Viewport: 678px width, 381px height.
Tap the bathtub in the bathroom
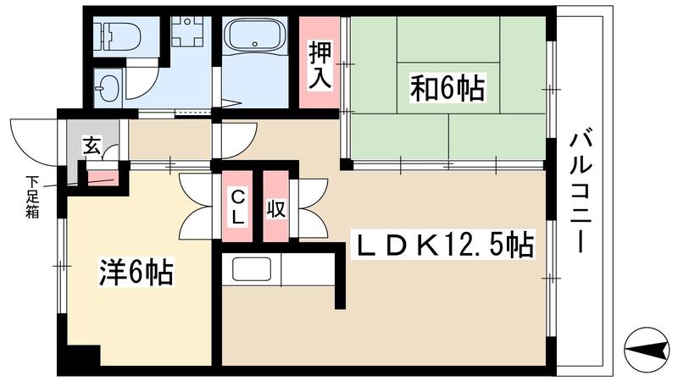pos(255,38)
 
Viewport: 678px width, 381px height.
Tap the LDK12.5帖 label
pos(444,246)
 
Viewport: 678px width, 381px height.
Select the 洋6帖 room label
pos(136,273)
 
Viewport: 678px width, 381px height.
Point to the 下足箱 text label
pos(32,196)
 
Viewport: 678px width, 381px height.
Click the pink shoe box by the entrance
pos(103,177)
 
